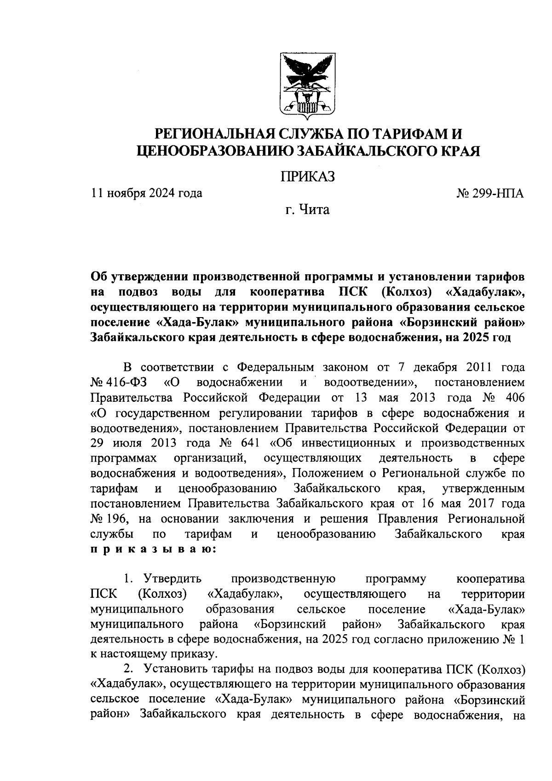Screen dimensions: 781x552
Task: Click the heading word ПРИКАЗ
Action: [x=307, y=176]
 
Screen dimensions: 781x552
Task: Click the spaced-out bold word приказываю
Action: [x=154, y=550]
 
